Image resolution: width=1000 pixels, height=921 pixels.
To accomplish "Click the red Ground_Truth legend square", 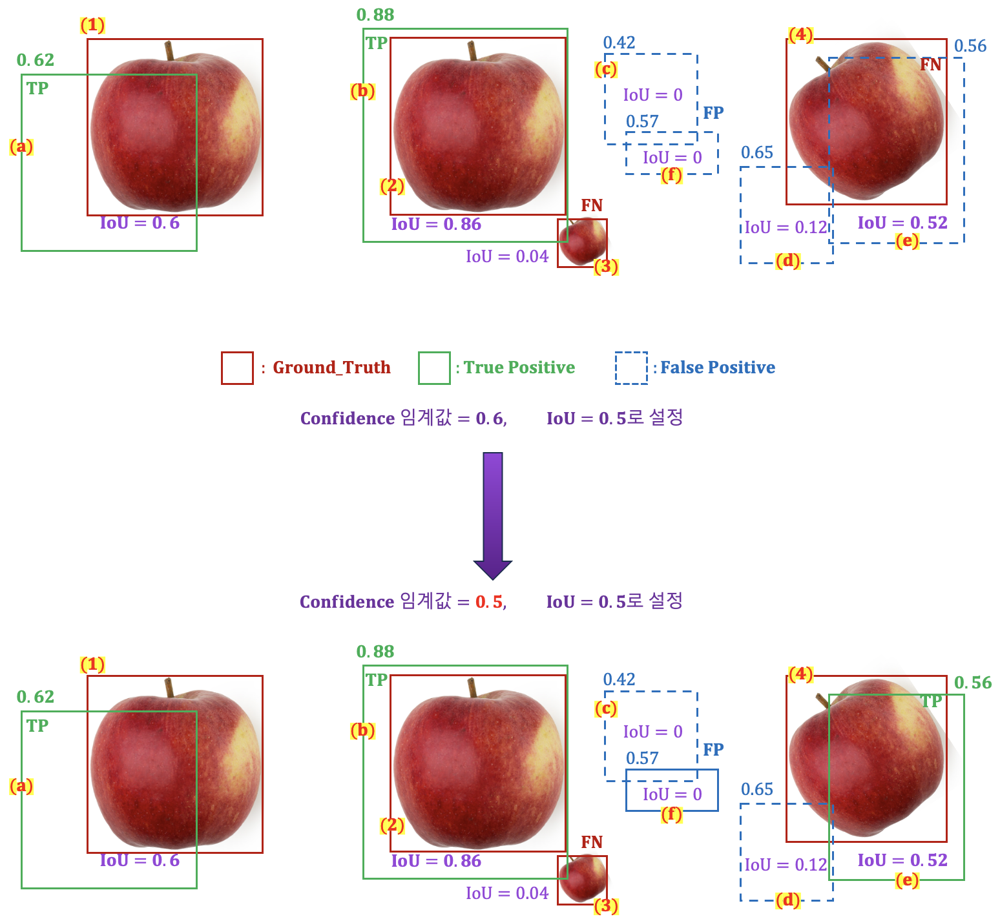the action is (237, 367).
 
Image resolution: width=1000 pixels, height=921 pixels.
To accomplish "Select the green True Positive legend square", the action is (434, 367).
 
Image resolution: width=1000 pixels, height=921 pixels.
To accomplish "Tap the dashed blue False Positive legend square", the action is (631, 367).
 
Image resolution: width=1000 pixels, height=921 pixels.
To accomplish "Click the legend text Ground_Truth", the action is (331, 367).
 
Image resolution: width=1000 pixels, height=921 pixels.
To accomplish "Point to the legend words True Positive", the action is (519, 367).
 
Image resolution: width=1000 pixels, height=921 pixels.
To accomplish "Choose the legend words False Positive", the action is (718, 367).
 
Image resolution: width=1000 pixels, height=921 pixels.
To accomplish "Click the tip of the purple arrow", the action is (493, 577).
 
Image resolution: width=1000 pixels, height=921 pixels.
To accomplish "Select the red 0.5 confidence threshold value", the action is (489, 602).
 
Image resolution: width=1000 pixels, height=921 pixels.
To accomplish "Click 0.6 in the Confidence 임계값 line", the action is (490, 419).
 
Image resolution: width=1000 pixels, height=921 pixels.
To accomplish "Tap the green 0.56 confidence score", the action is (972, 683).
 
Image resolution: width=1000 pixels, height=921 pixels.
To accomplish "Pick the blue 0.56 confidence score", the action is (970, 46).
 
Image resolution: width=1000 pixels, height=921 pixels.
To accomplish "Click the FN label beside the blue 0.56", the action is (931, 65).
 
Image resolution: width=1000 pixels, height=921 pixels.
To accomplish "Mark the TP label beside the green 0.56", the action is (931, 701).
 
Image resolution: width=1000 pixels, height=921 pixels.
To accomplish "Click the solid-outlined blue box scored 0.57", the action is (672, 790).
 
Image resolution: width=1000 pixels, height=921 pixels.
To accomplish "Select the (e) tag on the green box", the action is (907, 880).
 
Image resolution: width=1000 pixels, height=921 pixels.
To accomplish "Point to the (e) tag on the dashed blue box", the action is (907, 242).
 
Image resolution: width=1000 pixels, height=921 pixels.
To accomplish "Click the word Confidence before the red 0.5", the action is (346, 602).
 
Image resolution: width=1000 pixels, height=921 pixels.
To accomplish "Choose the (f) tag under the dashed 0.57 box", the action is (672, 175).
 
